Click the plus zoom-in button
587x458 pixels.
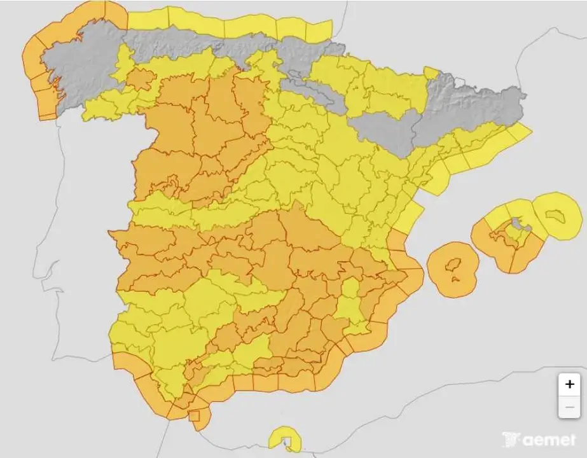569,384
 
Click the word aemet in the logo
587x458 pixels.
550,440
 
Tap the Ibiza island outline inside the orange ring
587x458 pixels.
452,265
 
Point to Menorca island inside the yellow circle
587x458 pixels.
557,216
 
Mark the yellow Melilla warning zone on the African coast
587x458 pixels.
284,439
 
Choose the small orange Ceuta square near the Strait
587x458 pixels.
194,416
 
